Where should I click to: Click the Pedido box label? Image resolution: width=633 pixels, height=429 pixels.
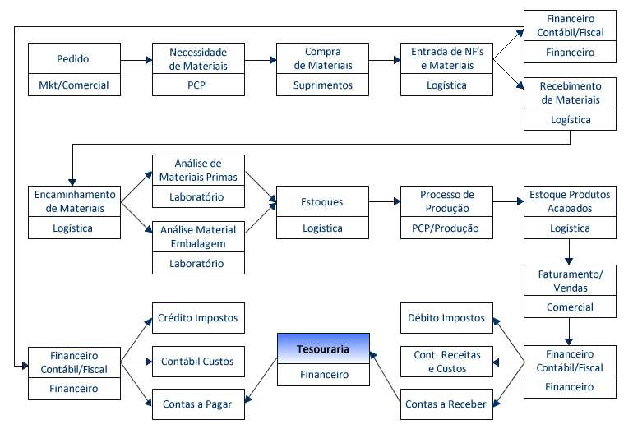pyautogui.click(x=73, y=59)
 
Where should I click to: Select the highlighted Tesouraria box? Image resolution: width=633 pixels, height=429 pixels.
pyautogui.click(x=322, y=348)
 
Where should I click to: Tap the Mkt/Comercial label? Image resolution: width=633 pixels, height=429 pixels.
pyautogui.click(x=73, y=84)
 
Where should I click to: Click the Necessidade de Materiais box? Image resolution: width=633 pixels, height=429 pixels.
pyautogui.click(x=197, y=59)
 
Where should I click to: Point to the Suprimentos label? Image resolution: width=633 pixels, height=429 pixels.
pyautogui.click(x=322, y=84)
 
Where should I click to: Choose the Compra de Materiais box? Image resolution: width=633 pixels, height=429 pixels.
pyautogui.click(x=322, y=59)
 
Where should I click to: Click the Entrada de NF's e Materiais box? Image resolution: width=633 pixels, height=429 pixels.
pyautogui.click(x=447, y=59)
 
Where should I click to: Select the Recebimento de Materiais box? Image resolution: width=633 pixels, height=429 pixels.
pyautogui.click(x=571, y=93)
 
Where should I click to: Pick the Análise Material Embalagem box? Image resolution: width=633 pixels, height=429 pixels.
pyautogui.click(x=197, y=235)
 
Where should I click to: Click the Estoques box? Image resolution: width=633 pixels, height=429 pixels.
pyautogui.click(x=322, y=202)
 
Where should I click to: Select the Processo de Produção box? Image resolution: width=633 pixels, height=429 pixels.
pyautogui.click(x=447, y=202)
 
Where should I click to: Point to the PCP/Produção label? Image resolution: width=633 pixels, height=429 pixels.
pyautogui.click(x=447, y=228)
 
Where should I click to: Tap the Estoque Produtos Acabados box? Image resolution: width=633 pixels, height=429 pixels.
pyautogui.click(x=571, y=202)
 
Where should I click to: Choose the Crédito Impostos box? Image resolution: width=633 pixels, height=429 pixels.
pyautogui.click(x=197, y=317)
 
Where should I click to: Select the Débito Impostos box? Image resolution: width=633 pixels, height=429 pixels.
pyautogui.click(x=447, y=317)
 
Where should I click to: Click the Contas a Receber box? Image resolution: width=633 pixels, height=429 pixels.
pyautogui.click(x=447, y=403)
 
